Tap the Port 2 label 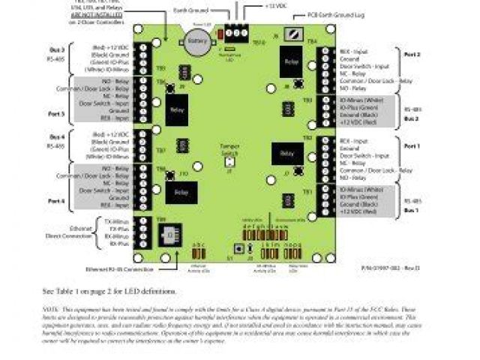point(412,54)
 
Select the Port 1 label point(412,145)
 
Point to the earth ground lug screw point(299,33)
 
